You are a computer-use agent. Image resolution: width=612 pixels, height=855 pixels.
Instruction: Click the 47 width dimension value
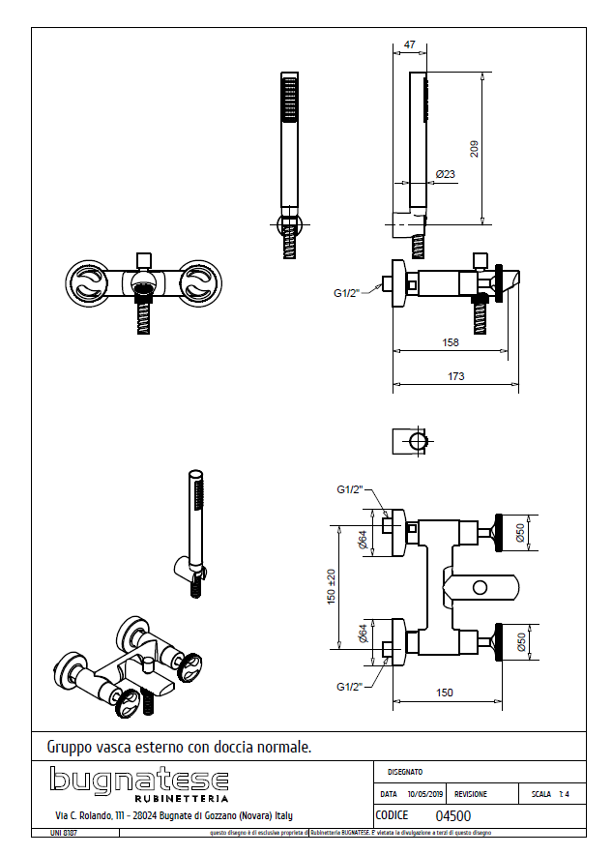409,44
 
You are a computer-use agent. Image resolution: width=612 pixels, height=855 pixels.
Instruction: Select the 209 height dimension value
474,148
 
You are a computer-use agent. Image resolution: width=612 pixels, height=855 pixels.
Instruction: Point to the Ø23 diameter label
446,174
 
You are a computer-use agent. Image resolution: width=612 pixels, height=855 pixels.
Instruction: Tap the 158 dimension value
450,341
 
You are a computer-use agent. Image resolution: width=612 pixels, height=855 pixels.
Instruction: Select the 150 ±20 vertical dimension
331,586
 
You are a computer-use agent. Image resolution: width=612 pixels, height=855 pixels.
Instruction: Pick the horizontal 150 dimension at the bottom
445,693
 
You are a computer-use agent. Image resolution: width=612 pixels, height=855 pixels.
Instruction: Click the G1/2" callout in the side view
347,292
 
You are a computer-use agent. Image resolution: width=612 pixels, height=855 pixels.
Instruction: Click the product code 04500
453,815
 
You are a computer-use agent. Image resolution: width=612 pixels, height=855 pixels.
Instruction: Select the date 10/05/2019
426,794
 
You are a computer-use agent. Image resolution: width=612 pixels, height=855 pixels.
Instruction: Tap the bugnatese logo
139,780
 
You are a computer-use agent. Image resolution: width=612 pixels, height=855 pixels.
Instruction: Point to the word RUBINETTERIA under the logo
181,799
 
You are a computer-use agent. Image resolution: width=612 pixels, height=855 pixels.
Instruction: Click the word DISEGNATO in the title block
405,772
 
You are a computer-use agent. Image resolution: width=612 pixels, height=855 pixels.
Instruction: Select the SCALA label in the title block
541,794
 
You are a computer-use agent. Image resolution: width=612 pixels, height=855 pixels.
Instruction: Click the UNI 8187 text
64,833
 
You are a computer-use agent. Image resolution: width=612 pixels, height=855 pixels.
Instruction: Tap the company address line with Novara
173,816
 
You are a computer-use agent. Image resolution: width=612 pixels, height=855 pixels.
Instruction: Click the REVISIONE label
471,794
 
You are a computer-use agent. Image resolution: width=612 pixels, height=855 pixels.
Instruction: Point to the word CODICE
392,815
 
